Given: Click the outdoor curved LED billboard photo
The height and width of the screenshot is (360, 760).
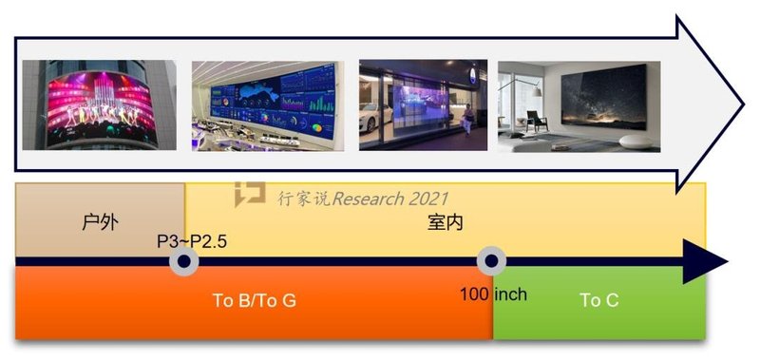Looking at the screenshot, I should [99, 104].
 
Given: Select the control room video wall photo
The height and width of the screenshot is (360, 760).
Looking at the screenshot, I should [265, 104].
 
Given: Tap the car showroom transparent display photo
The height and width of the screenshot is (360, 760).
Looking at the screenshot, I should [423, 104].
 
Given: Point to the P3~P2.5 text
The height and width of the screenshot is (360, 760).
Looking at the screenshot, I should [192, 241].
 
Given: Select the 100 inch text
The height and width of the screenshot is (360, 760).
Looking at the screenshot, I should [492, 294].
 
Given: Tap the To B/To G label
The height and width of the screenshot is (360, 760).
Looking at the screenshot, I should [254, 301].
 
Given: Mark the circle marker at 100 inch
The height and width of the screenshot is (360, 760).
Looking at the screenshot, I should [491, 262].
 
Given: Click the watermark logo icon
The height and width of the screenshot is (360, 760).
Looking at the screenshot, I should [250, 193].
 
